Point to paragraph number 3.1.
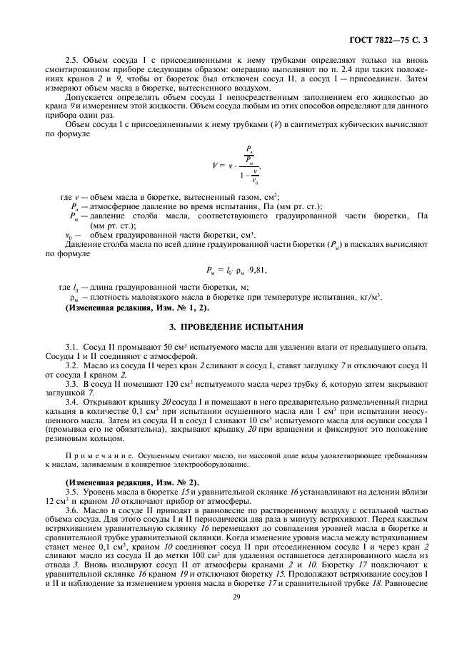tap(71, 346)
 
